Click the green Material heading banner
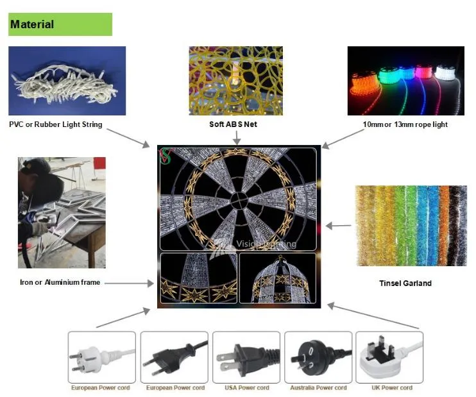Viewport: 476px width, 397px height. [x=60, y=24]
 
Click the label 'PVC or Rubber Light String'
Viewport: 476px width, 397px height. [x=56, y=124]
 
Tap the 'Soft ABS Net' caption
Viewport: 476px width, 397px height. [x=233, y=124]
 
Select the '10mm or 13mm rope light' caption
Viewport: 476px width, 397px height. [x=405, y=124]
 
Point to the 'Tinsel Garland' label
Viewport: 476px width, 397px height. [x=405, y=283]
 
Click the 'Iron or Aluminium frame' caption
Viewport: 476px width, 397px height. [x=60, y=282]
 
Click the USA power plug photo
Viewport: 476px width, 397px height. [x=246, y=357]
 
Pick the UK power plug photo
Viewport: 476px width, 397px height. [x=389, y=357]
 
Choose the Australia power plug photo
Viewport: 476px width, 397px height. [x=318, y=357]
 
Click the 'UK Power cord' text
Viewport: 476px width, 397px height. [x=392, y=387]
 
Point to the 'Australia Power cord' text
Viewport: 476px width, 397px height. [x=318, y=387]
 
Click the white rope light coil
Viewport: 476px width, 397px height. [x=445, y=73]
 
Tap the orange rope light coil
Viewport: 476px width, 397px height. [x=364, y=82]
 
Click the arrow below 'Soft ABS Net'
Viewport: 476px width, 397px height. [x=237, y=137]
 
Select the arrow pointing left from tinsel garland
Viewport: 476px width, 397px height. [x=339, y=226]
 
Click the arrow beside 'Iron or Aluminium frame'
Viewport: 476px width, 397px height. [x=129, y=283]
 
